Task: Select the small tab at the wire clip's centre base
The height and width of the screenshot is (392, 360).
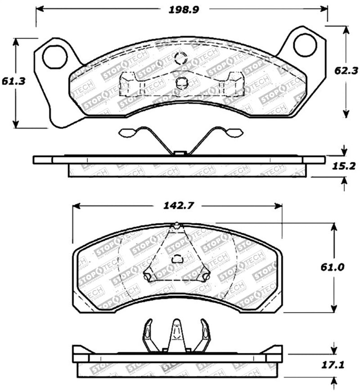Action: point(180,153)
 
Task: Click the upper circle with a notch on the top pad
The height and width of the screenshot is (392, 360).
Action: point(180,58)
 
